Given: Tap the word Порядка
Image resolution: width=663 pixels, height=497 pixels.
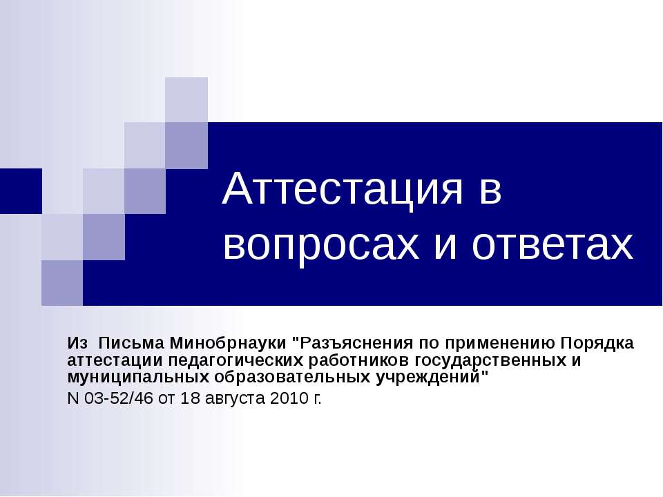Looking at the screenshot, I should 596,343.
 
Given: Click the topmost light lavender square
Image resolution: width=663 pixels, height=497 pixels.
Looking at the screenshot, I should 186,99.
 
